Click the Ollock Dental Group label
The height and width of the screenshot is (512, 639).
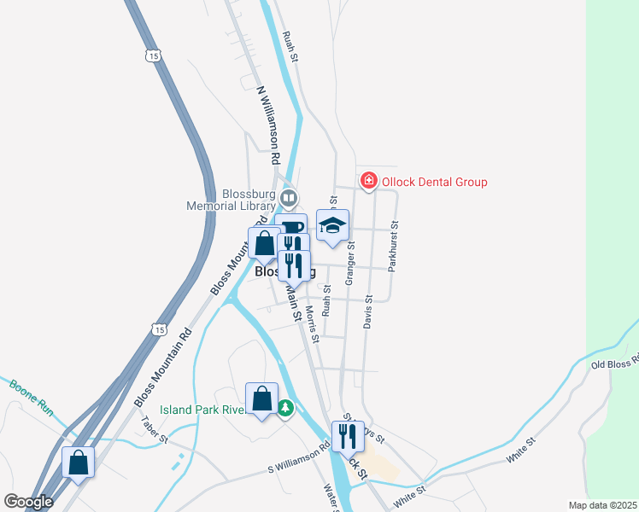434,182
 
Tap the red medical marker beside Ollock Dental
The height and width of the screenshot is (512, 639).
368,181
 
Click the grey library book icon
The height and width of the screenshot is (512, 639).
289,199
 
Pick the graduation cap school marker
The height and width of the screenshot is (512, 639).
333,225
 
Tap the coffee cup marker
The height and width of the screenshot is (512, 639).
290,228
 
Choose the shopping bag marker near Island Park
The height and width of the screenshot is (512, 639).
261,399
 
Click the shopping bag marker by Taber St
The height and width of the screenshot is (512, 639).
79,463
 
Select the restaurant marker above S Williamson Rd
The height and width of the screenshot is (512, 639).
348,436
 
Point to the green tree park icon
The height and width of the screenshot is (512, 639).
286,410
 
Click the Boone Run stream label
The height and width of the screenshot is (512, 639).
32,399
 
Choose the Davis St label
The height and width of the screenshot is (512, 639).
368,313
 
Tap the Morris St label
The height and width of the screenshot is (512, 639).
312,324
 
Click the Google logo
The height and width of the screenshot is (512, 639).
28,502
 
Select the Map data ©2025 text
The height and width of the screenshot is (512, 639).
601,505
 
